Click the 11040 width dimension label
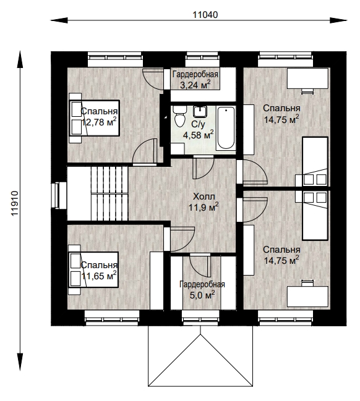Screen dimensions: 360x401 coord(205,15)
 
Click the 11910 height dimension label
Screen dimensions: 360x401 coord(15,203)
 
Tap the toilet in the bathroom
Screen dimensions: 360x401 coord(180,116)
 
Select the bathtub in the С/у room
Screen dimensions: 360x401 coord(226,128)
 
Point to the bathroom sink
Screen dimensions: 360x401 coord(200,112)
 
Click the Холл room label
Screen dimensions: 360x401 coord(204,196)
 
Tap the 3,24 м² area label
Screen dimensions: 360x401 coord(195,85)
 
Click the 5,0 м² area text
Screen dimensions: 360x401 coord(202,295)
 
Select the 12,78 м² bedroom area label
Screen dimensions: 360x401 coord(99,122)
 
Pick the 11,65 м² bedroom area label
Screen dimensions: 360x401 coord(99,276)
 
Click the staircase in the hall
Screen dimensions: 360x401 coord(109,193)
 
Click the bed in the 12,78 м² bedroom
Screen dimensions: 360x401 coord(94,118)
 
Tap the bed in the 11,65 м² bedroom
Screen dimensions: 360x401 coord(93,269)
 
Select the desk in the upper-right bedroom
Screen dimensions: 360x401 coord(307,78)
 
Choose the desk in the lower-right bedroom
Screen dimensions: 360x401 coord(307,297)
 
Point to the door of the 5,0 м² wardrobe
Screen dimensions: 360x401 coord(200,266)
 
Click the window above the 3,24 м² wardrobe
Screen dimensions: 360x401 coord(202,59)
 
